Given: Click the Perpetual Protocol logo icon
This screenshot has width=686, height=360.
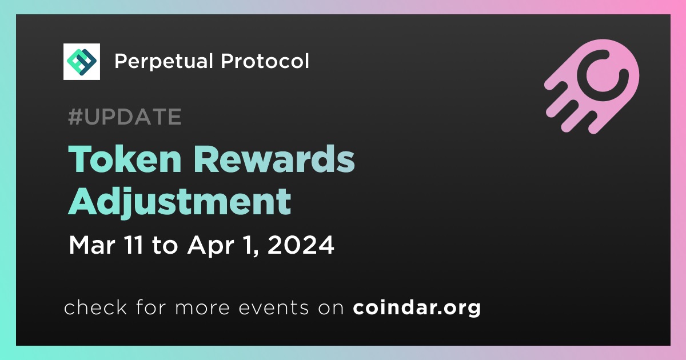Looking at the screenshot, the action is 81,62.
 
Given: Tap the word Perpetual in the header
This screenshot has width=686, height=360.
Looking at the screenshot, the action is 163,61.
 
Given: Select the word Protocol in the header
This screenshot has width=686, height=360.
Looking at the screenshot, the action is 265,61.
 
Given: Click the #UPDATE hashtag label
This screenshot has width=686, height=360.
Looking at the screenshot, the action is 125,117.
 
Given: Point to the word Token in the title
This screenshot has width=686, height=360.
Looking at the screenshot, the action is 125,159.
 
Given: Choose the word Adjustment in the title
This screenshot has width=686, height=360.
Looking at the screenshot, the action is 180,202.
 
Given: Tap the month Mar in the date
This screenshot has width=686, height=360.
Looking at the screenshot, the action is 92,245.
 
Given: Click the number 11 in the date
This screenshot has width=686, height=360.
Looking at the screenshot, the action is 132,245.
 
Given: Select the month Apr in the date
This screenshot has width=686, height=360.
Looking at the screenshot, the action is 211,246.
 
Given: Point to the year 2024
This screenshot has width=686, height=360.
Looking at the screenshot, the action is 301,245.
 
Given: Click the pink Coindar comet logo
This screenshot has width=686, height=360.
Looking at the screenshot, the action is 592,86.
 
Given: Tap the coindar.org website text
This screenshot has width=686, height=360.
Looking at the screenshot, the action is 417,307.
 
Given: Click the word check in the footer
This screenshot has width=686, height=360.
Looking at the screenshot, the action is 95,307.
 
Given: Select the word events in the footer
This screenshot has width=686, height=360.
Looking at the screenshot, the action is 273,307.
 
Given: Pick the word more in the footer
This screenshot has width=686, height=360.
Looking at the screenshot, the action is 202,308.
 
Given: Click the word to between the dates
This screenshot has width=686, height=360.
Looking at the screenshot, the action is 165,246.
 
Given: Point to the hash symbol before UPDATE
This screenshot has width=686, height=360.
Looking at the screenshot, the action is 75,117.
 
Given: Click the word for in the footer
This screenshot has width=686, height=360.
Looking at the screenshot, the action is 151,307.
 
